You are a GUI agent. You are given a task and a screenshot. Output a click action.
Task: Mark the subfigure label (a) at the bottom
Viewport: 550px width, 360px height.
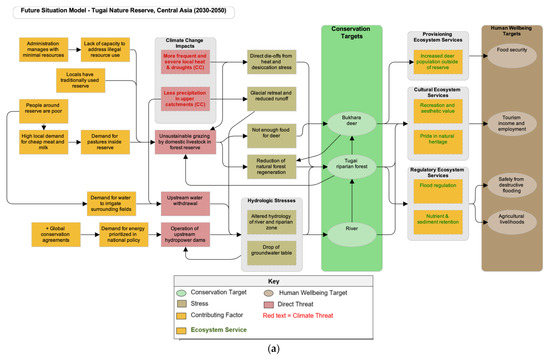tap(274, 349)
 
